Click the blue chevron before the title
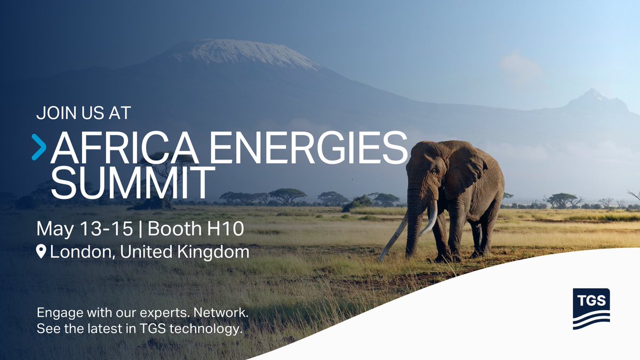pos(39,147)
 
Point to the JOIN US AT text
pos(84,113)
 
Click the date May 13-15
pos(85,229)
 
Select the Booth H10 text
pos(196,229)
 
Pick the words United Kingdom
pos(185,252)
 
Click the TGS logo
pos(591,309)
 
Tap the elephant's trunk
pos(414,224)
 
